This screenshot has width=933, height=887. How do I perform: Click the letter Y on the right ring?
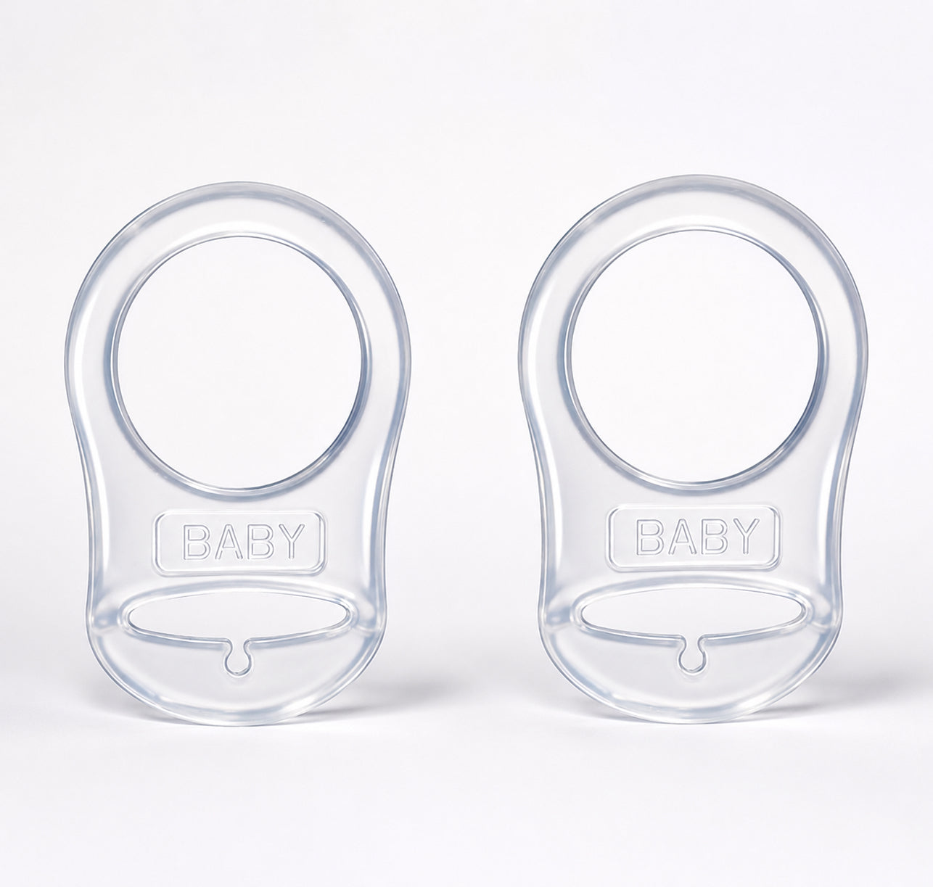coord(742,537)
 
